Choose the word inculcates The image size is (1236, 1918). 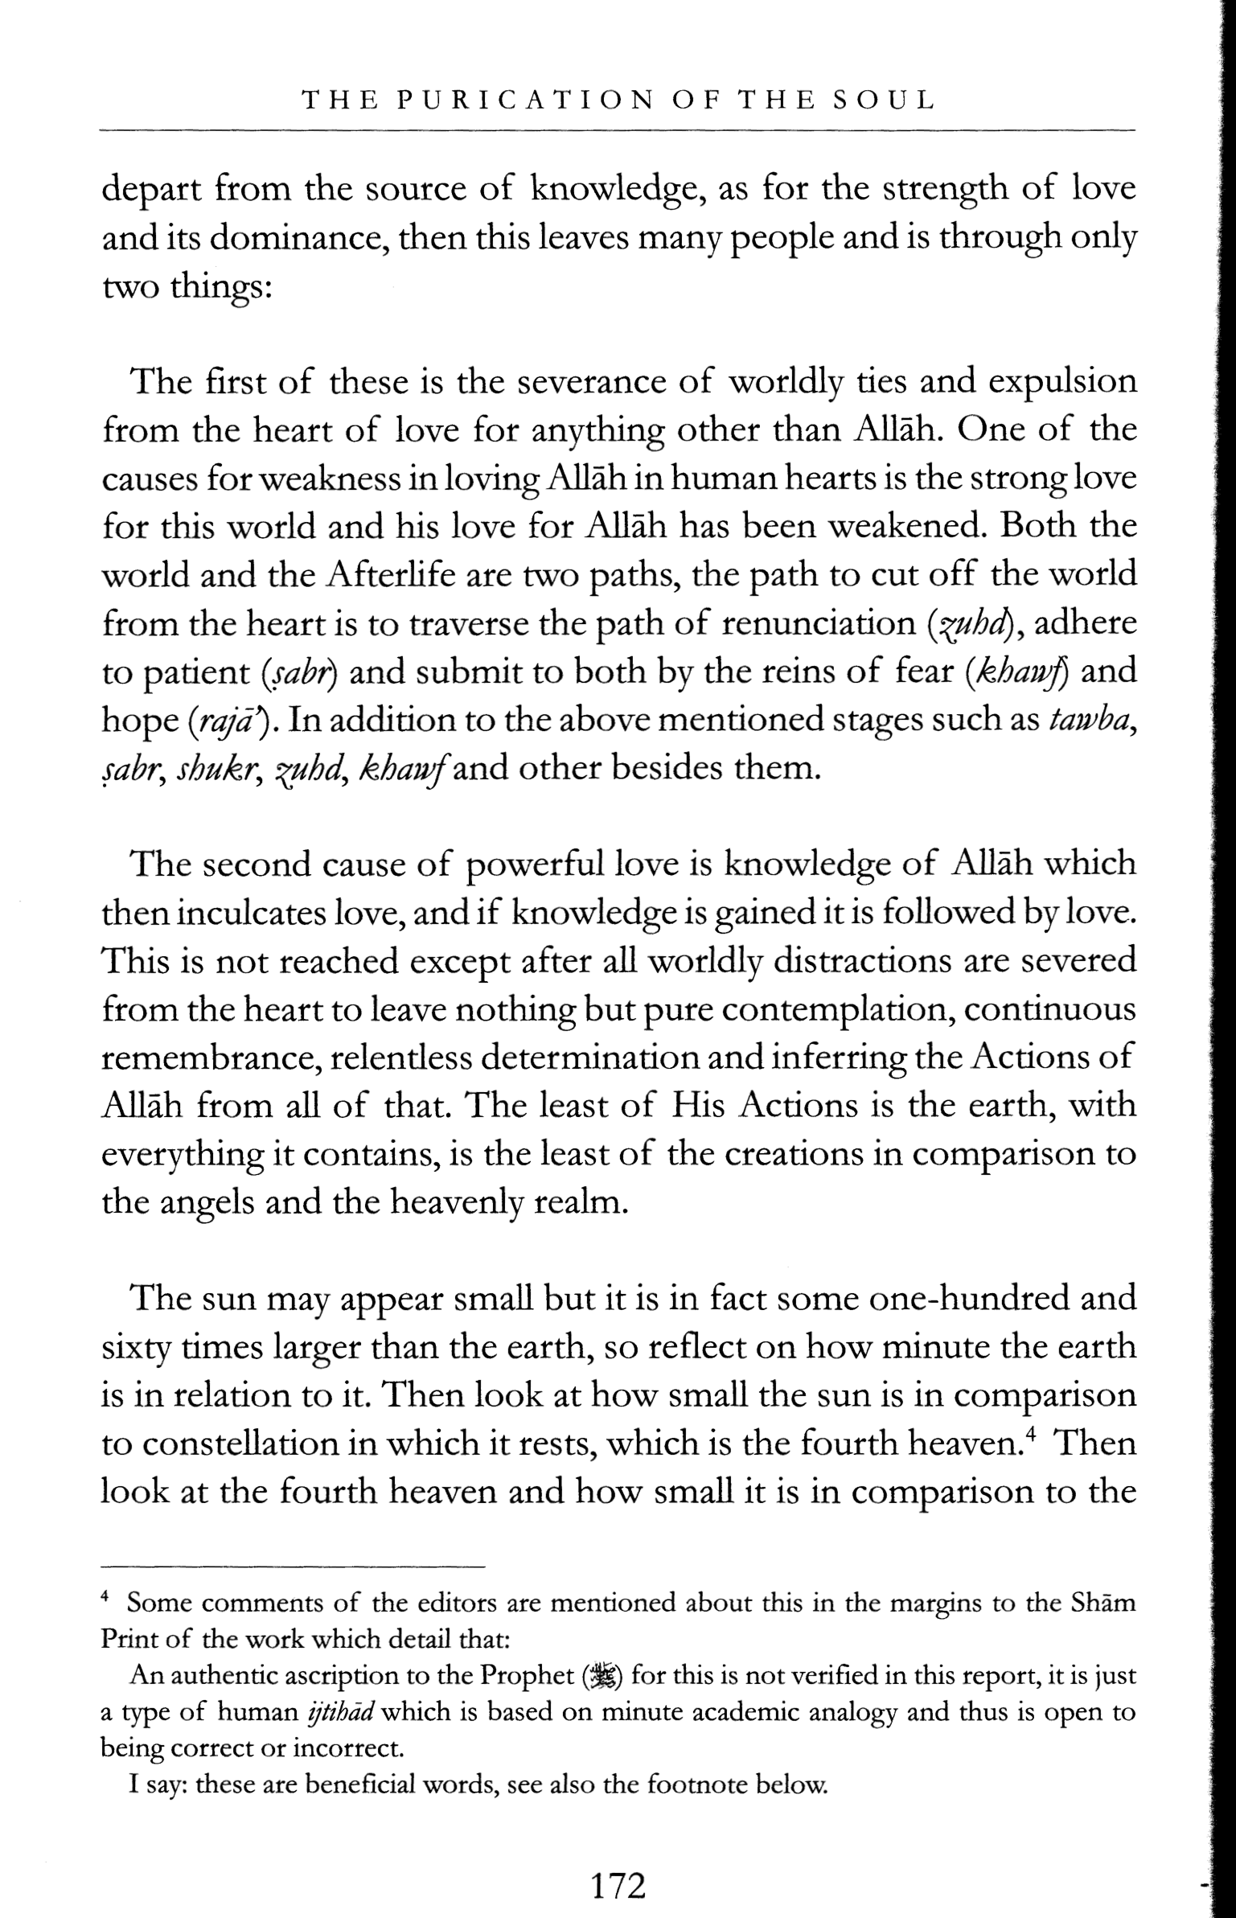point(252,913)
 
